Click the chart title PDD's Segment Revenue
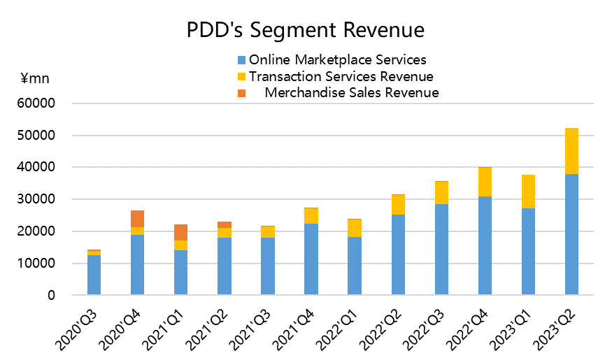[305, 31]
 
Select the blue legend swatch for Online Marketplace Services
[242, 60]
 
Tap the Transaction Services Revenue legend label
[341, 76]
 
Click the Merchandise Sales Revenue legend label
[351, 92]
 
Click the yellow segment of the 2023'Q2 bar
[571, 151]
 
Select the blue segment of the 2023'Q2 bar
[571, 234]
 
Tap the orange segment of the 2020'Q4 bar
[137, 218]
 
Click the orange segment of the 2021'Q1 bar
[180, 232]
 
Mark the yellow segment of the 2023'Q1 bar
[528, 192]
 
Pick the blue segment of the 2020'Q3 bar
[94, 275]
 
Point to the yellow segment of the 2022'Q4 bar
[485, 182]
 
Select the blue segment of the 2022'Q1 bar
[355, 266]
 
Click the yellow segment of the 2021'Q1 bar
[180, 245]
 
